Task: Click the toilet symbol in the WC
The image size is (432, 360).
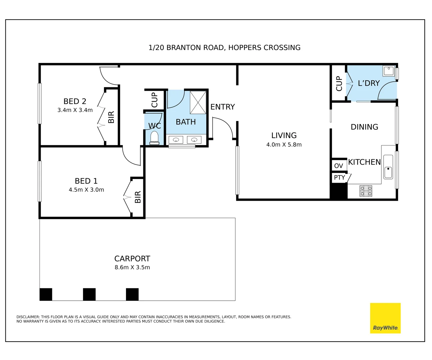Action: coord(154,138)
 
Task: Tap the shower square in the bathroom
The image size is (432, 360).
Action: coord(198,102)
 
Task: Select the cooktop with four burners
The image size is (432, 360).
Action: coord(366,191)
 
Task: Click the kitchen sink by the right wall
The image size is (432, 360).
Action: coord(388,167)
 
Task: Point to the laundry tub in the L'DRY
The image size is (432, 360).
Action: coord(389,71)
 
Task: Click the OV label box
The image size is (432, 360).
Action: coord(339,166)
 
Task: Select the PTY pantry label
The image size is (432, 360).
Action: coord(339,177)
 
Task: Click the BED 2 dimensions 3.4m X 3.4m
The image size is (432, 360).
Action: coord(75,110)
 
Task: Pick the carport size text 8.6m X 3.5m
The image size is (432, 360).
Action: coord(132,267)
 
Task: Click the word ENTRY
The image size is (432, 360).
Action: coord(223,107)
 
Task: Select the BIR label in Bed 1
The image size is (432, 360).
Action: coord(138,197)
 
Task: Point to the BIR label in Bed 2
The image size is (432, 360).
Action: coord(111,117)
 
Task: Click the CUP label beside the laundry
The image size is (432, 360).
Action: coord(339,83)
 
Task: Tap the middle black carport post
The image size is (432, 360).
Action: coord(89,294)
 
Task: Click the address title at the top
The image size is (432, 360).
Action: coord(224,48)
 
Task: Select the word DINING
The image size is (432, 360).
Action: coord(364,127)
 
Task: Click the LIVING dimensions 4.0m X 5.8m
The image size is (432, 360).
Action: coord(284,145)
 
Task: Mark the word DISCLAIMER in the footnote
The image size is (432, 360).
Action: coord(28,317)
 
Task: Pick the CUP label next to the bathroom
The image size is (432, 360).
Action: coord(154,100)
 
